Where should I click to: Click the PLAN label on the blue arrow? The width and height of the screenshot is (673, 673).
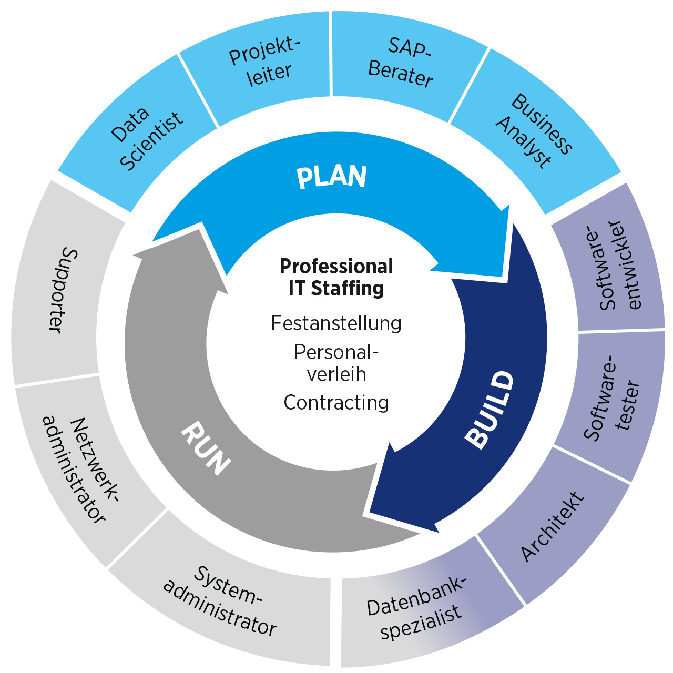(331, 177)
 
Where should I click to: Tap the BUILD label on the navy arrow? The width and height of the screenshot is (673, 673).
(490, 410)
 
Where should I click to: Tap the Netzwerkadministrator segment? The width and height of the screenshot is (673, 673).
(79, 468)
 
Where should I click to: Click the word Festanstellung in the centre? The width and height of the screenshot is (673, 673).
(336, 323)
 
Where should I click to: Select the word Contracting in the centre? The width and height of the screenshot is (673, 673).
(336, 403)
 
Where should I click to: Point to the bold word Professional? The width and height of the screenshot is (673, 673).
(336, 266)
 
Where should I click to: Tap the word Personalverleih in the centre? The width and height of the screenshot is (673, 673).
(336, 363)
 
